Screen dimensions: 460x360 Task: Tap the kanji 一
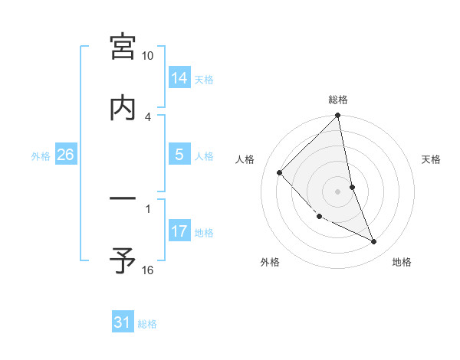click(x=123, y=200)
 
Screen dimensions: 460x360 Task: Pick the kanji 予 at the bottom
click(x=123, y=261)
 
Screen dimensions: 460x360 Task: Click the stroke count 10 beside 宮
click(x=148, y=56)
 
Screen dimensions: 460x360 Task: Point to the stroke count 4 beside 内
click(x=148, y=116)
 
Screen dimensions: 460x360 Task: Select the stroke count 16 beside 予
click(x=148, y=270)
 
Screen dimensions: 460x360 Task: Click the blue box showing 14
click(x=179, y=78)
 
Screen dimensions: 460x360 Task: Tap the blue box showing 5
click(x=179, y=155)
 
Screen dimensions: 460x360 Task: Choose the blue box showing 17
click(x=179, y=231)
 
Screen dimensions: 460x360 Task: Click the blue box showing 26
click(x=65, y=155)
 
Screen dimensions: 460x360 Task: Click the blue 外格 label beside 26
click(x=41, y=155)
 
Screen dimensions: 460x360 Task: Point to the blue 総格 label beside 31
click(x=147, y=324)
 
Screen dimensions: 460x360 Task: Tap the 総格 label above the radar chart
click(x=338, y=100)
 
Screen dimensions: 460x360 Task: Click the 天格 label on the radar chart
click(x=432, y=159)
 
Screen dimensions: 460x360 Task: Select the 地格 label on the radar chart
click(x=402, y=262)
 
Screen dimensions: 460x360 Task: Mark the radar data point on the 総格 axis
click(x=338, y=116)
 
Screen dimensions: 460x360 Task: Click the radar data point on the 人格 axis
click(x=280, y=172)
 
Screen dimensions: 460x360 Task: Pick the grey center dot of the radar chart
click(x=338, y=191)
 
